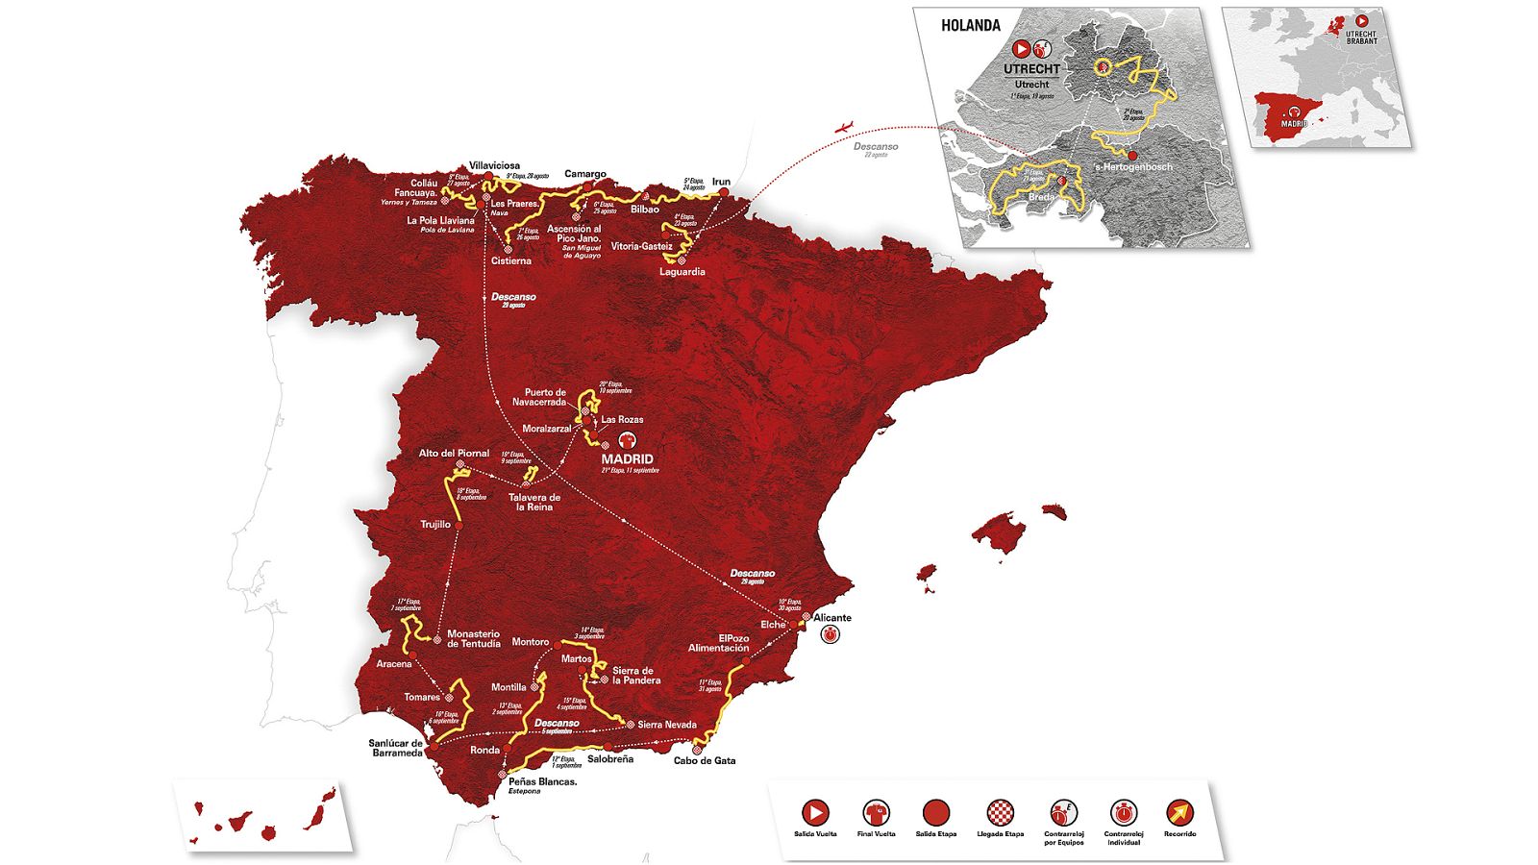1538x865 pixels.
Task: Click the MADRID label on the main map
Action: (x=628, y=459)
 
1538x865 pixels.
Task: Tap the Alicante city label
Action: (x=832, y=618)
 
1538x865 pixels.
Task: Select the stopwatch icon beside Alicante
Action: (x=830, y=635)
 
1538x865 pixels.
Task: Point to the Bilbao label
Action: (x=645, y=209)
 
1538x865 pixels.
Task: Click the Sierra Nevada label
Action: (x=667, y=725)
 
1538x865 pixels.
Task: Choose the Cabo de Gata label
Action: (x=705, y=760)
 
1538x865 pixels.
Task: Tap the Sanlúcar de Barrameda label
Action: (x=395, y=748)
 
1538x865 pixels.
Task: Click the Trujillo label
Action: (x=435, y=525)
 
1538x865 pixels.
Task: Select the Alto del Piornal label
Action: (x=454, y=453)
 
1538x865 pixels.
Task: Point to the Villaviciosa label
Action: (x=495, y=165)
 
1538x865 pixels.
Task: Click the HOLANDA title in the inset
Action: (x=971, y=26)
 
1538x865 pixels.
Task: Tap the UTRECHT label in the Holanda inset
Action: (x=1031, y=69)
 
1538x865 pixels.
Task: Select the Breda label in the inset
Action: (x=1041, y=197)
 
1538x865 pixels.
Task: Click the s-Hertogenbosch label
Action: (x=1133, y=167)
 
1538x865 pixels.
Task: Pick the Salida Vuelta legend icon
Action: (x=815, y=813)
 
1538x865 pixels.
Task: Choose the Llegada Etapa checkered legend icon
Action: (x=1000, y=813)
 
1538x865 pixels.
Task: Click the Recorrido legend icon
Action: (x=1178, y=813)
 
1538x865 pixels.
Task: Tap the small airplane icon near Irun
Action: (x=846, y=126)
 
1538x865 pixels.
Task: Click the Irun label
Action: (x=721, y=182)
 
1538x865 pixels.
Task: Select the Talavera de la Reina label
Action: (x=534, y=502)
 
